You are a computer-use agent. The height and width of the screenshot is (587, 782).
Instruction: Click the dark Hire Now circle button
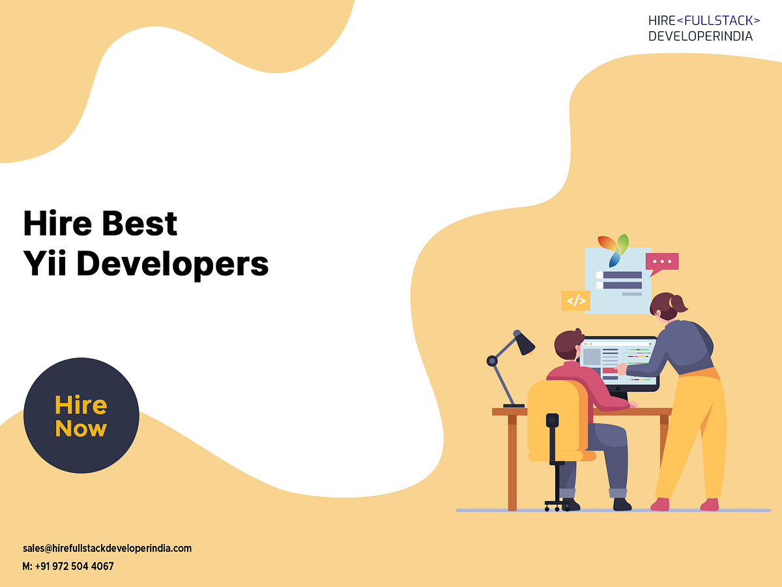(x=81, y=415)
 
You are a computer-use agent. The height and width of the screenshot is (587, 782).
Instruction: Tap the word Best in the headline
(x=139, y=224)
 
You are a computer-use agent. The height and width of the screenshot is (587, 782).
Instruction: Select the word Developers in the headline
(x=173, y=264)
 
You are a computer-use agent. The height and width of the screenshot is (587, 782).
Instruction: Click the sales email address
(x=107, y=549)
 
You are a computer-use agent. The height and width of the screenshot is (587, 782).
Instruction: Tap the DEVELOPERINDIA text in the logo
(x=700, y=36)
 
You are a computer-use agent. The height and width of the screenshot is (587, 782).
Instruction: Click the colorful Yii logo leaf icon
(x=614, y=248)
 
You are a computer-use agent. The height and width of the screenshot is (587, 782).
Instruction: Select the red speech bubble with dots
(x=662, y=262)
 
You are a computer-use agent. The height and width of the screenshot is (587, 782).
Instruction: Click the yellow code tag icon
(x=575, y=301)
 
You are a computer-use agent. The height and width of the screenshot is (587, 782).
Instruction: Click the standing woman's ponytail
(x=680, y=304)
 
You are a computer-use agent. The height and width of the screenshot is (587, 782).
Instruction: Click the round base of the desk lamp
(x=513, y=406)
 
